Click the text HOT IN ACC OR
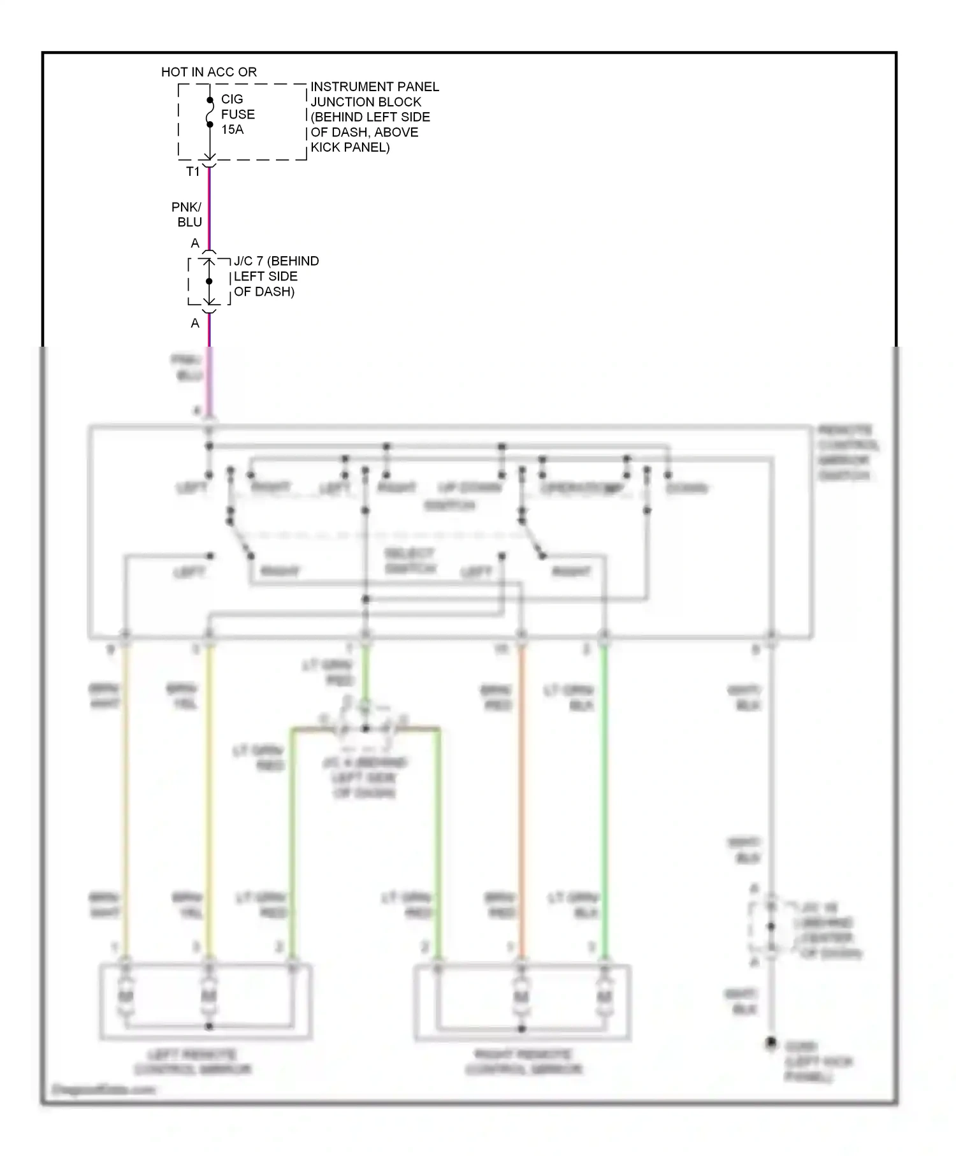[x=208, y=72]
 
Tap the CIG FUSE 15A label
[x=237, y=114]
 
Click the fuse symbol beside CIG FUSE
[x=210, y=113]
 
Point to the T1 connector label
[x=192, y=172]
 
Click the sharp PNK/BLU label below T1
[x=188, y=215]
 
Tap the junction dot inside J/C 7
[x=209, y=281]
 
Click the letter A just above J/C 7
[x=195, y=243]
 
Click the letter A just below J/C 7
[x=195, y=324]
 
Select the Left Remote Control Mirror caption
[x=192, y=1062]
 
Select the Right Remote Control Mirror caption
[x=523, y=1062]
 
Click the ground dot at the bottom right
[x=771, y=1043]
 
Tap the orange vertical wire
[x=521, y=797]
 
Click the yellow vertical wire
[x=209, y=797]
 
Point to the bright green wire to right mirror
[x=604, y=797]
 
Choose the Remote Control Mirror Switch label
[x=848, y=452]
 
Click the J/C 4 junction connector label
[x=365, y=777]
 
